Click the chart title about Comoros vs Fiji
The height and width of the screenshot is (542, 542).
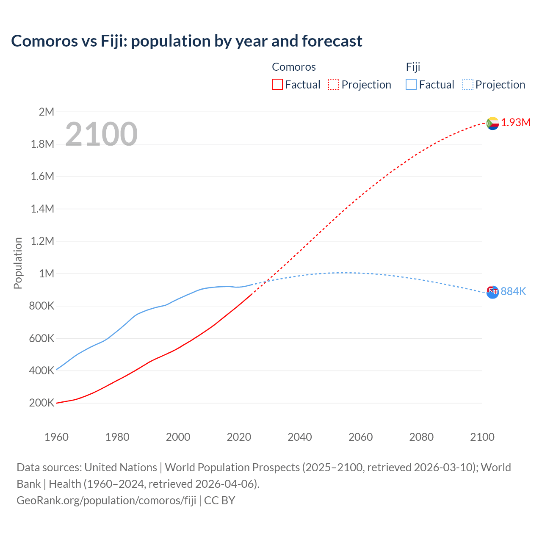(x=186, y=41)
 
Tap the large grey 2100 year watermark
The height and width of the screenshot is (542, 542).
(x=101, y=134)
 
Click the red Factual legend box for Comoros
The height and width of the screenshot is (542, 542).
(x=277, y=85)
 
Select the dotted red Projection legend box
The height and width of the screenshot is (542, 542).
(x=334, y=85)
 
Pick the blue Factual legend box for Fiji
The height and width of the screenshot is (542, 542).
(x=411, y=85)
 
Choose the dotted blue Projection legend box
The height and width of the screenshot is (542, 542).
(x=467, y=85)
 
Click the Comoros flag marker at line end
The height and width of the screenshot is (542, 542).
(x=492, y=123)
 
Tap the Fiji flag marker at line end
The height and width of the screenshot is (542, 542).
(x=492, y=292)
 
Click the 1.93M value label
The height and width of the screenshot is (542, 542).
(x=516, y=123)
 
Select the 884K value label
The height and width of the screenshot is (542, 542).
(x=513, y=291)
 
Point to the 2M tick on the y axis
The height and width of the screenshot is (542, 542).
(x=46, y=112)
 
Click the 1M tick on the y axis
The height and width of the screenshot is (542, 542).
(x=46, y=274)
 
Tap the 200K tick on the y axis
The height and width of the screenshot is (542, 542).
(x=41, y=403)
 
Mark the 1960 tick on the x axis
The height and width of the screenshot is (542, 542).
(x=56, y=437)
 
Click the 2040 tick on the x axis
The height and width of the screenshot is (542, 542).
(x=300, y=437)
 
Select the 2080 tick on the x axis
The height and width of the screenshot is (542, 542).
(x=421, y=437)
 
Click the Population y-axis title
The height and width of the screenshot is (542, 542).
(x=18, y=263)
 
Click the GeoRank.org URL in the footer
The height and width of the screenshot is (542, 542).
(x=106, y=501)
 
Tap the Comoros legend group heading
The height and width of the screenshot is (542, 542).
(x=293, y=67)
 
